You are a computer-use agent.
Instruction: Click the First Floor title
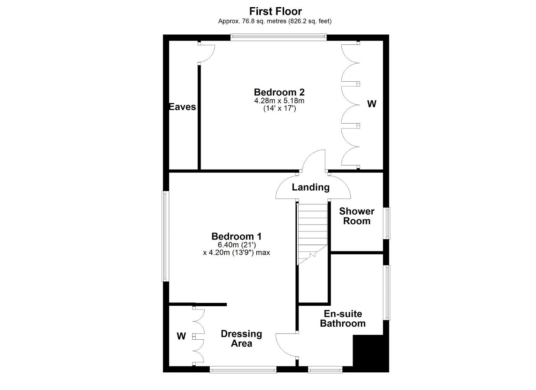pyautogui.click(x=276, y=11)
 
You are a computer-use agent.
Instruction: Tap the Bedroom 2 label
pyautogui.click(x=279, y=92)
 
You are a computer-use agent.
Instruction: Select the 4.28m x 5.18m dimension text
pyautogui.click(x=279, y=101)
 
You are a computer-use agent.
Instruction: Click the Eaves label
pyautogui.click(x=182, y=107)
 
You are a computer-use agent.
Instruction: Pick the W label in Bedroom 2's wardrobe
pyautogui.click(x=371, y=104)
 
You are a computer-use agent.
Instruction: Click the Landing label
pyautogui.click(x=311, y=187)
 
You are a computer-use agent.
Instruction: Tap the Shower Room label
pyautogui.click(x=357, y=216)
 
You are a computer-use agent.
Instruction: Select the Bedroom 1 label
pyautogui.click(x=237, y=236)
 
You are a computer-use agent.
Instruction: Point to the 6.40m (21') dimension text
pyautogui.click(x=237, y=245)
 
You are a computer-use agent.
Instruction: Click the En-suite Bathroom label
pyautogui.click(x=343, y=318)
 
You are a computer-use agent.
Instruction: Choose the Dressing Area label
pyautogui.click(x=242, y=338)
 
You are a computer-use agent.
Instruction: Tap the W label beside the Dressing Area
pyautogui.click(x=181, y=336)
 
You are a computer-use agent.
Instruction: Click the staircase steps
pyautogui.click(x=312, y=235)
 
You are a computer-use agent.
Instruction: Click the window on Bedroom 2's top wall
pyautogui.click(x=278, y=37)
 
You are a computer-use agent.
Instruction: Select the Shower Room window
pyautogui.click(x=387, y=223)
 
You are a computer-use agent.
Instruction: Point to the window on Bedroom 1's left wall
pyautogui.click(x=165, y=236)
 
